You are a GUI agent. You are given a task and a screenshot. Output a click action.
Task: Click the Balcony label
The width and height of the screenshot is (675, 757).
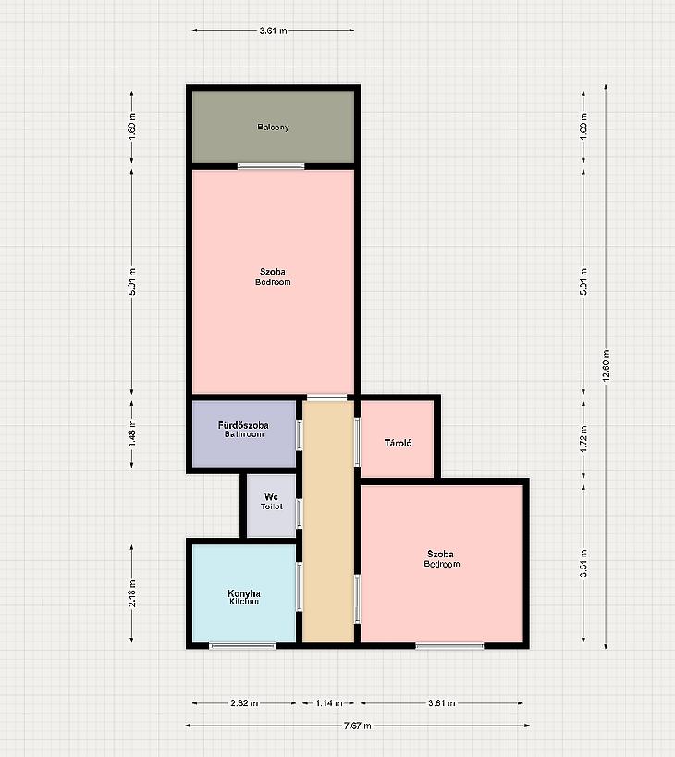click(x=273, y=127)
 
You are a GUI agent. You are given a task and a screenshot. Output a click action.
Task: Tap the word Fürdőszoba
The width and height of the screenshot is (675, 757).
click(x=243, y=425)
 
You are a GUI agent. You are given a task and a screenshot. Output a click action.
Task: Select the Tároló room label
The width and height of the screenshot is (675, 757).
click(x=398, y=443)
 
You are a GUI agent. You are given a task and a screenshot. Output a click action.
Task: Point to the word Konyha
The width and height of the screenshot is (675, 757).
click(x=244, y=593)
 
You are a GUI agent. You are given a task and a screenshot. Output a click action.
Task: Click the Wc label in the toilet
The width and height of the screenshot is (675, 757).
click(x=271, y=496)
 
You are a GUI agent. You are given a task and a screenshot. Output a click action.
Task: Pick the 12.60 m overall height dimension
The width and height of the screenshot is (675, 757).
click(x=607, y=366)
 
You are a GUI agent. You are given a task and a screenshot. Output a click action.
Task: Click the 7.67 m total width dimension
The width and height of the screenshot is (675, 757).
click(x=358, y=726)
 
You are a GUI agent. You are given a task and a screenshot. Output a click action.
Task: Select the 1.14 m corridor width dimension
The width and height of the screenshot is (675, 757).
click(x=329, y=702)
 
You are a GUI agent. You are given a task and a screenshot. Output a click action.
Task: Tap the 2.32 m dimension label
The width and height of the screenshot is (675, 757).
click(x=244, y=702)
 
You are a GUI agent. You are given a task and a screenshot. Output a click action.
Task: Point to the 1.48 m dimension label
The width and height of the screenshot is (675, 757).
click(x=132, y=433)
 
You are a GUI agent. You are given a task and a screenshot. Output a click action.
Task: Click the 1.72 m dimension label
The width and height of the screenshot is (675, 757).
click(x=583, y=438)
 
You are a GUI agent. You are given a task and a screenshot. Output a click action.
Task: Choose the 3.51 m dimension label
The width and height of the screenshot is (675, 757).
click(x=583, y=564)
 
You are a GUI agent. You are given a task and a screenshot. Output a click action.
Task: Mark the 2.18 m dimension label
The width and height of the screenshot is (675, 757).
click(x=132, y=593)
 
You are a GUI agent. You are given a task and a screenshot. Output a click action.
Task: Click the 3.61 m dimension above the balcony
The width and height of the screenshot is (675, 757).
click(x=273, y=31)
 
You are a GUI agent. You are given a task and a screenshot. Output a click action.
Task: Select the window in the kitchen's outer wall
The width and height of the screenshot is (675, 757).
click(x=242, y=646)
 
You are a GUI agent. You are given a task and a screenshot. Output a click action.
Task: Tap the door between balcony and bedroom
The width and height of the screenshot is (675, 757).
click(x=271, y=166)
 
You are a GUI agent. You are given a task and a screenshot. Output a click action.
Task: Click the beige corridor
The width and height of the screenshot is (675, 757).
click(x=328, y=521)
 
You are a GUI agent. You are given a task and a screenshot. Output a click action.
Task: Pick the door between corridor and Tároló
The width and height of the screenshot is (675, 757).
click(x=357, y=442)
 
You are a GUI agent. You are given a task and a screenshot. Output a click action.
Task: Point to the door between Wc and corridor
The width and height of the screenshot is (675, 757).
click(x=300, y=513)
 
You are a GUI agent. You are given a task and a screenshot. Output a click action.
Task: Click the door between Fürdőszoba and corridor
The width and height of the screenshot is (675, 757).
click(x=300, y=435)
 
